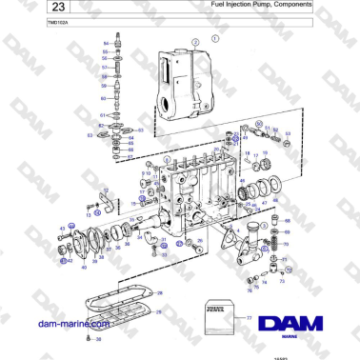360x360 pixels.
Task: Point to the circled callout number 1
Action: pos(215,39)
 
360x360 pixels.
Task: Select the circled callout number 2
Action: pos(196,43)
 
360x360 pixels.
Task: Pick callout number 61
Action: pos(102,115)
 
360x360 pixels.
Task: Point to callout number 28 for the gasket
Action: pos(159,292)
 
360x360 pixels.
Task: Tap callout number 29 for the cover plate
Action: pos(158,311)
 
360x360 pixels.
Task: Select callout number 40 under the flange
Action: pos(83,268)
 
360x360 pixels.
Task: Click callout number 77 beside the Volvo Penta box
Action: pos(250,317)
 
